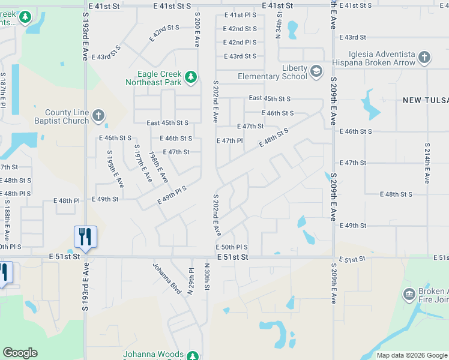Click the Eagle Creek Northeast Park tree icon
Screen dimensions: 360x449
(x=190, y=76)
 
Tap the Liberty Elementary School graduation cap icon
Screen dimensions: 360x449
(x=316, y=72)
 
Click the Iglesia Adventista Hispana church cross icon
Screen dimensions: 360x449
(x=424, y=58)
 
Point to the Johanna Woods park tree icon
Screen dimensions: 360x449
(x=192, y=355)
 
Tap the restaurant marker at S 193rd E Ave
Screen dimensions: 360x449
(x=85, y=237)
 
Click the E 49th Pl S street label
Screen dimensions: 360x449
(x=172, y=196)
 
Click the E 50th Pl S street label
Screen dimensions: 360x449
(x=232, y=247)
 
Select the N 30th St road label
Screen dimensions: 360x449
(x=206, y=277)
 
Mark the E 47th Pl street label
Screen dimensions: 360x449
(x=229, y=141)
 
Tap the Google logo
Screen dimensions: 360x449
(x=20, y=353)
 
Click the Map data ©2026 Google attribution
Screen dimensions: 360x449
(x=411, y=355)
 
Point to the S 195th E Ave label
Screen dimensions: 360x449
(x=114, y=169)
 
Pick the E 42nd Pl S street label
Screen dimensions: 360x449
(x=240, y=43)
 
